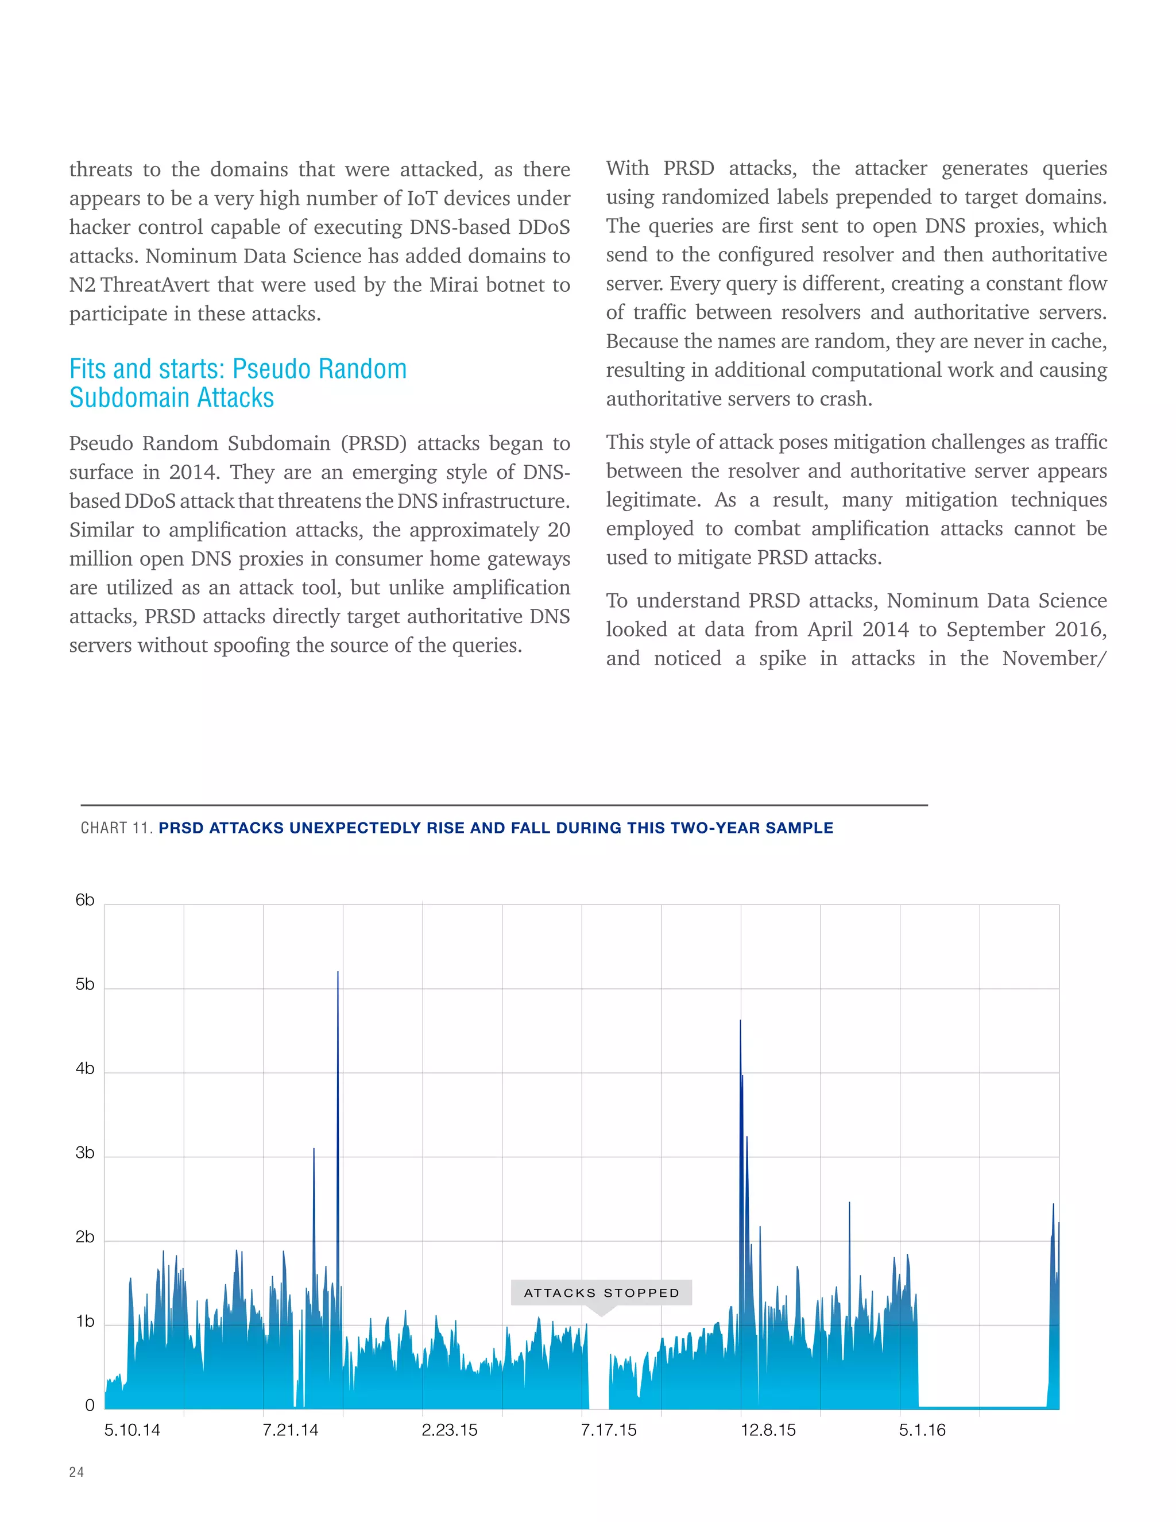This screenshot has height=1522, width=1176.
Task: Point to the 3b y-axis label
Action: [x=85, y=1153]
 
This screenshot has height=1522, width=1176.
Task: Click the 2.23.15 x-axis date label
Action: [x=450, y=1430]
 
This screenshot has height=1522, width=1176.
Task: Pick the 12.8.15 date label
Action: [x=768, y=1430]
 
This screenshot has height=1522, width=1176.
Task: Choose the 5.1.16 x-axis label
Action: [x=922, y=1430]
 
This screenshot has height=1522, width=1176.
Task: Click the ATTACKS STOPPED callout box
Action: [x=601, y=1293]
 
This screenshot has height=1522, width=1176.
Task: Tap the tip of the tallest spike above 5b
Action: [x=338, y=972]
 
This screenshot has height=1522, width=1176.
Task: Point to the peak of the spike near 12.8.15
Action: [x=740, y=1022]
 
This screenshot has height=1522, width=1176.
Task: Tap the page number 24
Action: [x=76, y=1472]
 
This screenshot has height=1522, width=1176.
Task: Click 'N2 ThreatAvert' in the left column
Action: [x=140, y=284]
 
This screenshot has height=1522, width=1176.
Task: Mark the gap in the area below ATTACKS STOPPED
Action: [x=599, y=1387]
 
